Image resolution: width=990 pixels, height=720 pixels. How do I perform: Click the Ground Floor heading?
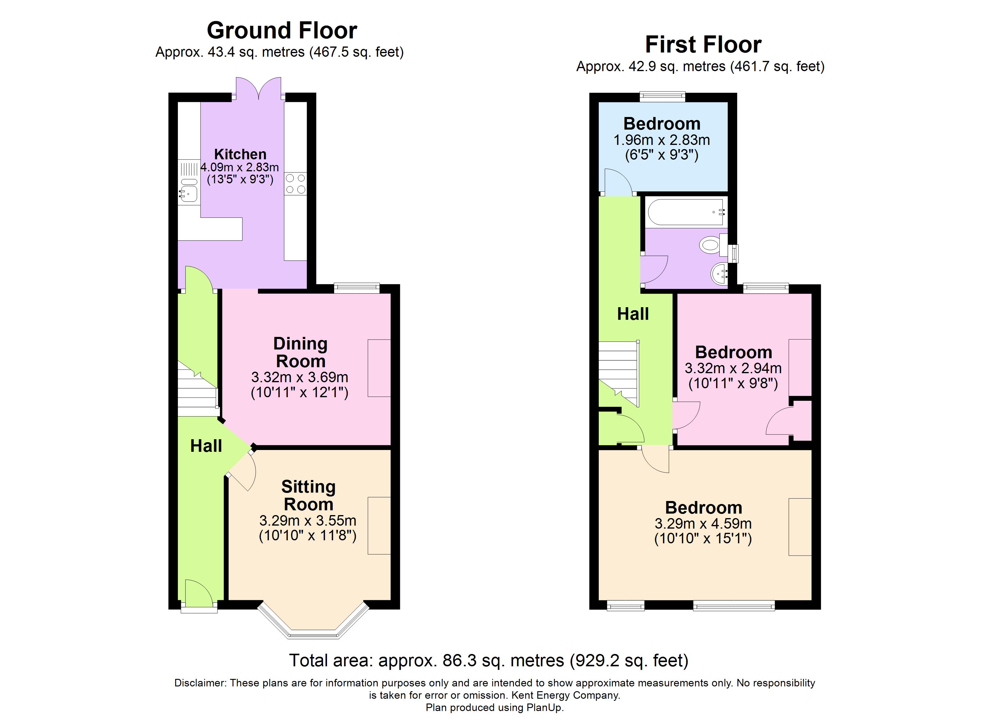pos(282,31)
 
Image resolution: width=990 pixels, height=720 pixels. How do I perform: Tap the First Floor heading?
pos(703,44)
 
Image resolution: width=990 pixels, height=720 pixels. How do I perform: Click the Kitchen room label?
pos(240,154)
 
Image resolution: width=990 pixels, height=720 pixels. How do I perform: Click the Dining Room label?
pos(300,352)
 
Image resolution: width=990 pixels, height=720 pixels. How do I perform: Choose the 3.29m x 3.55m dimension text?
pos(308,520)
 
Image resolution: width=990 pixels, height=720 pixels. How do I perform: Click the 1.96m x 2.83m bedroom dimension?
pos(662,140)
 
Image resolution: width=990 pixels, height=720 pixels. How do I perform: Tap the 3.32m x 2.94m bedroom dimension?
pos(733,368)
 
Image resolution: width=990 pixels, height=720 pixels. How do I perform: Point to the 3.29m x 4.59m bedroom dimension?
pos(703,523)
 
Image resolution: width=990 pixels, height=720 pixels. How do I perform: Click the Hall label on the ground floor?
pos(206,446)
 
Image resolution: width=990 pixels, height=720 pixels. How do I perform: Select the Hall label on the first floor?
pos(633,314)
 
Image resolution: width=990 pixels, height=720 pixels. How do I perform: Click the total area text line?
pos(489,660)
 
